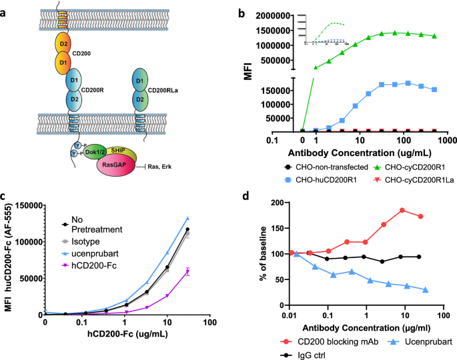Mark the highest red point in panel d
click(402, 229)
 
